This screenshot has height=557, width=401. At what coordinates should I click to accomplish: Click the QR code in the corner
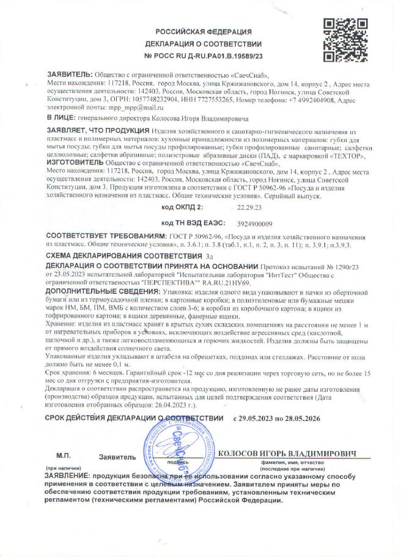tap(344, 40)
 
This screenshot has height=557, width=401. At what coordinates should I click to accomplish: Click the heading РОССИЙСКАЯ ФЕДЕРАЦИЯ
tap(203, 31)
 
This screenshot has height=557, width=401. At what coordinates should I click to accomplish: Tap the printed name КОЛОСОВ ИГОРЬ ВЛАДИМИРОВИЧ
tap(287, 454)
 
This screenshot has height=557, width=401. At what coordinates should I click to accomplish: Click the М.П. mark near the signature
tap(64, 457)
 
